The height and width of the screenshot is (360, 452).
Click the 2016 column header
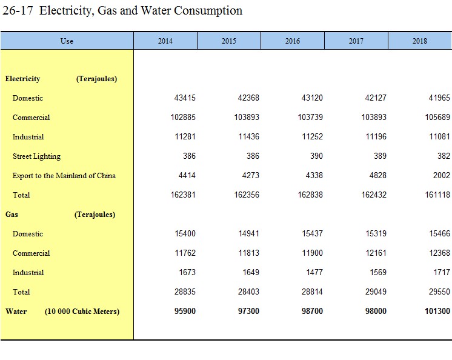[292, 41]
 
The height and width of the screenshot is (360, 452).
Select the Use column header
[67, 41]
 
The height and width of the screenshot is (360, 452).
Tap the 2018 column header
[420, 41]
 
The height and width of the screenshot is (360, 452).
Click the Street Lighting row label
[36, 156]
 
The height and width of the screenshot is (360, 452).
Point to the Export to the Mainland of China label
[64, 176]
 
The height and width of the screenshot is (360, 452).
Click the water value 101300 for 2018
[437, 311]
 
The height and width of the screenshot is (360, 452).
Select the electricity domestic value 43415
[185, 98]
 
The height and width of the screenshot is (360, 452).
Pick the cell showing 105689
[437, 117]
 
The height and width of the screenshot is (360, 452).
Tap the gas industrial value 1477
[314, 272]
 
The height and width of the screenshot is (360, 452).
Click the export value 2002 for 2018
[441, 175]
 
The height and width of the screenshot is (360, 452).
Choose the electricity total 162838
[310, 195]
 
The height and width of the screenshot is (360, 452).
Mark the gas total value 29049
[376, 292]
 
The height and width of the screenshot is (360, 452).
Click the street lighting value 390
[316, 156]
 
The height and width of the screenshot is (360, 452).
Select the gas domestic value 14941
[248, 233]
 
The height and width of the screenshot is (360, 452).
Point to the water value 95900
[185, 311]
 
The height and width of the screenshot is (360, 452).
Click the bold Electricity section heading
[22, 79]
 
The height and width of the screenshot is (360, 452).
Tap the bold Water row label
[16, 312]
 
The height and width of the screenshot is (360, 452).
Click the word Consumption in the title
[208, 11]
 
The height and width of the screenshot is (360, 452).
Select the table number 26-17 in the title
[18, 11]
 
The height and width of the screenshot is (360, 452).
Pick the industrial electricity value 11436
[248, 136]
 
